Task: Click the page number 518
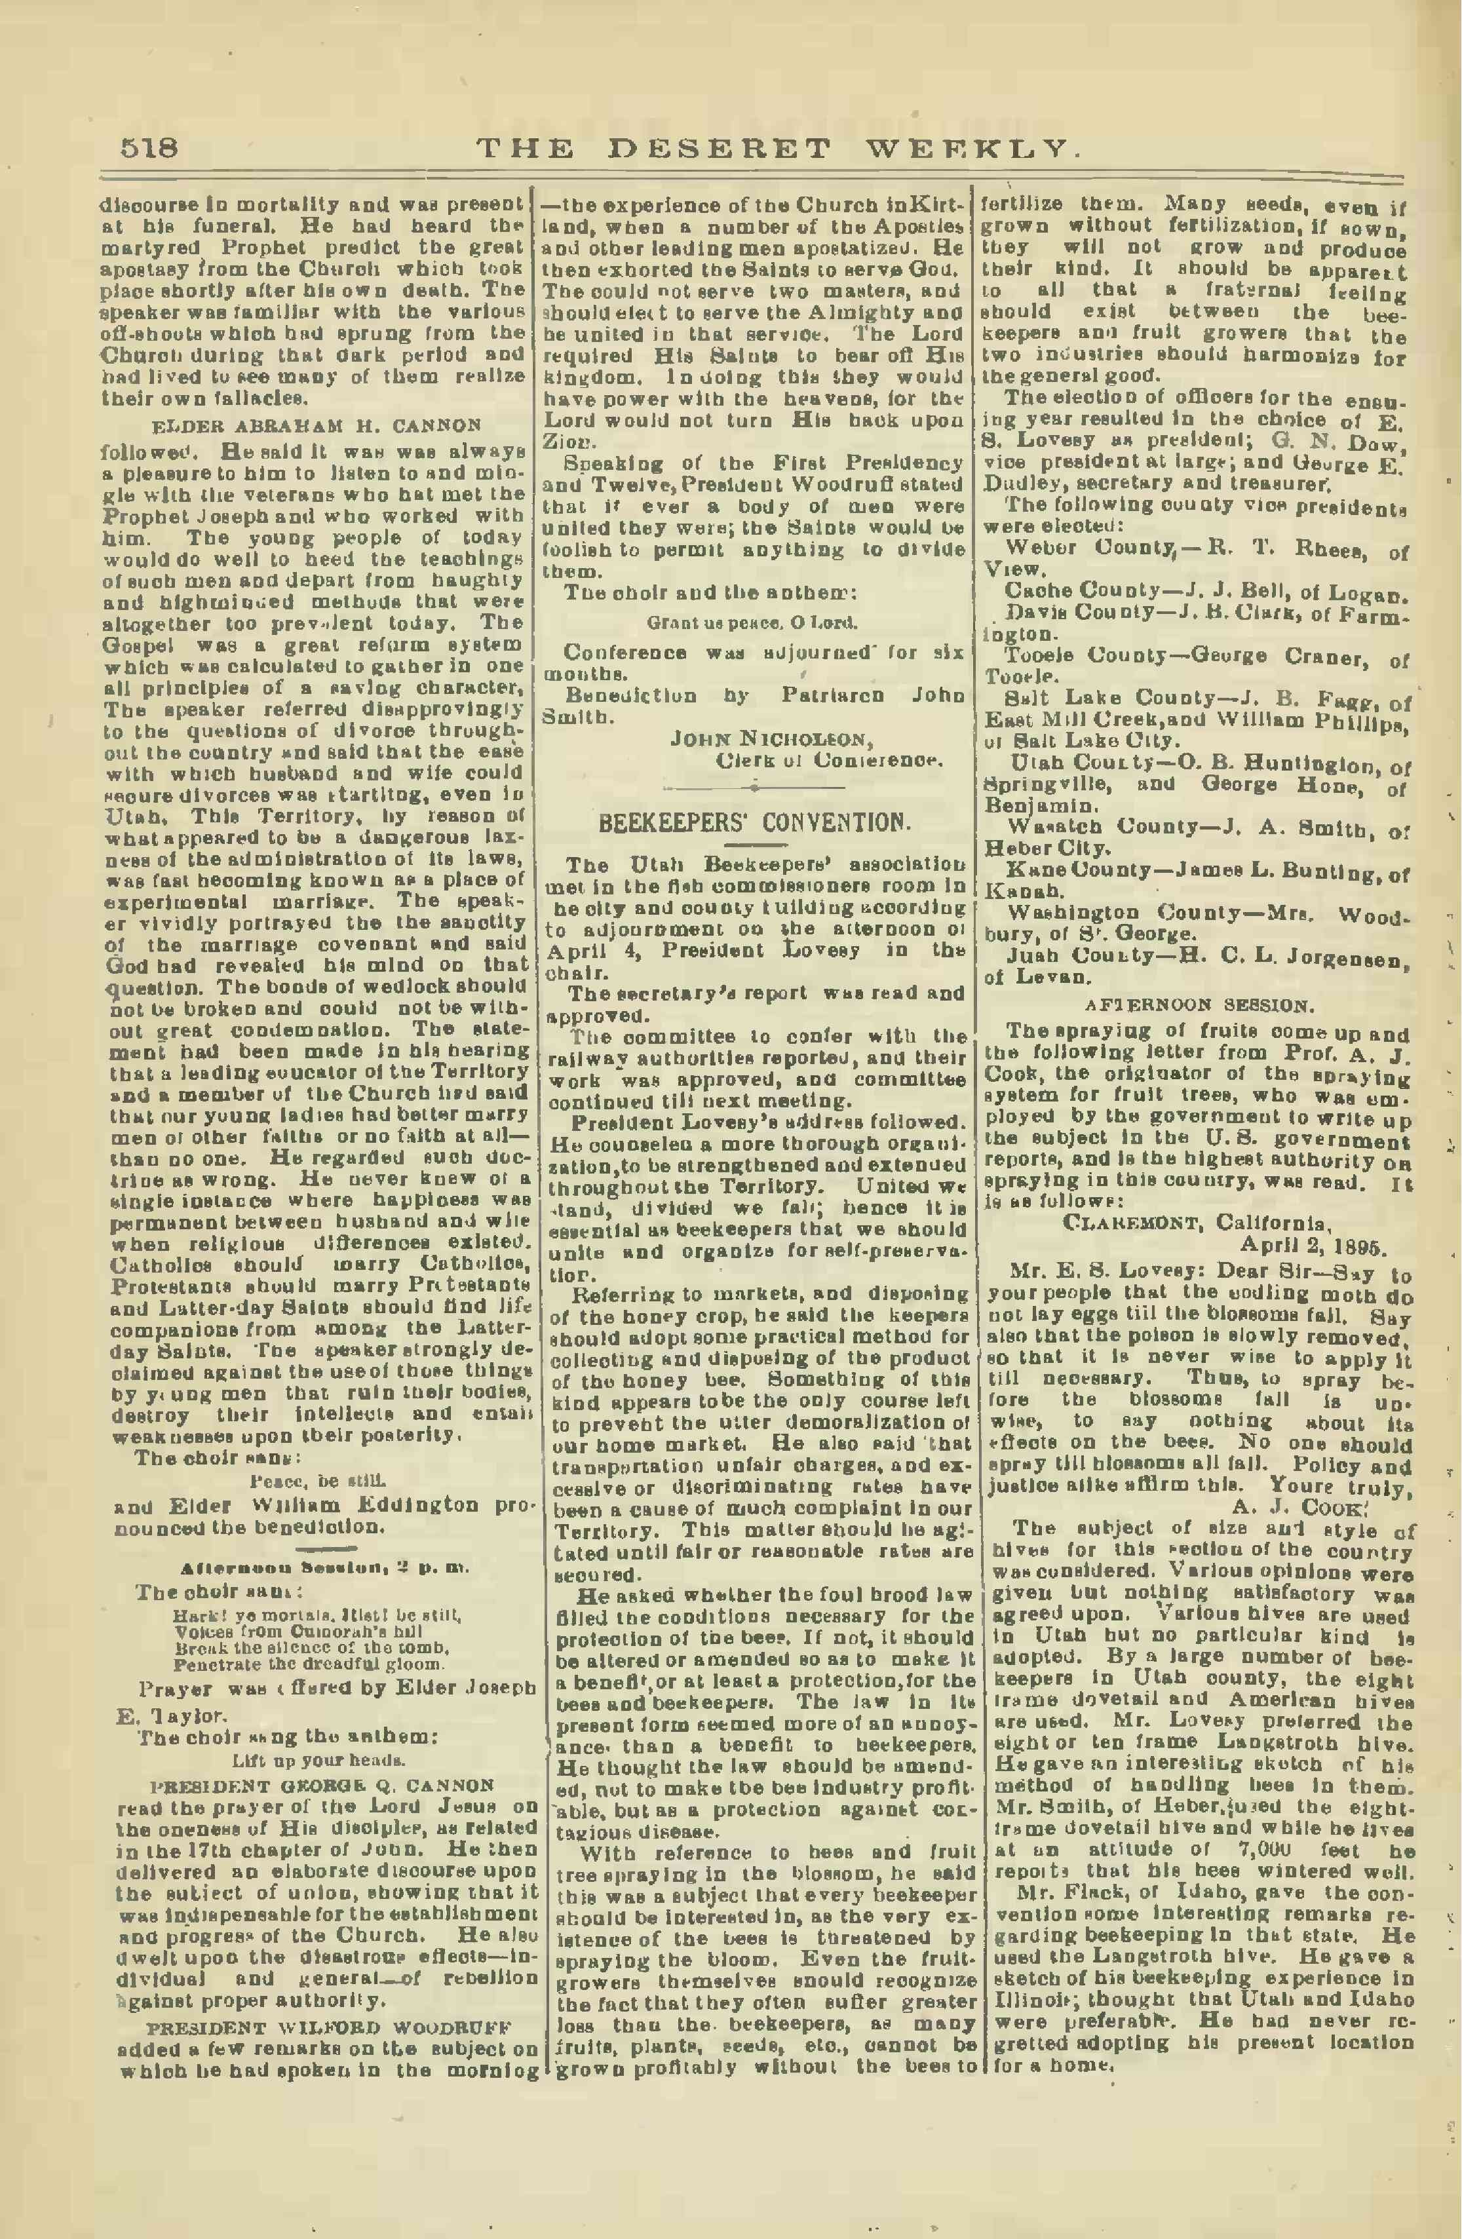149,149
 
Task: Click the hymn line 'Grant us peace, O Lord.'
752,622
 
